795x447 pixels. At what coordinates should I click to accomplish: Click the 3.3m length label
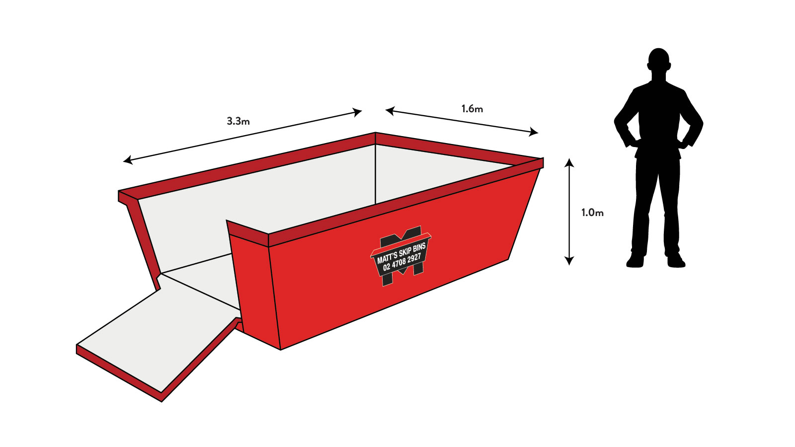pos(238,121)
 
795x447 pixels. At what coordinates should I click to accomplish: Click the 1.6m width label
pos(472,109)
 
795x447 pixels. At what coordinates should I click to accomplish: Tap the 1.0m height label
pos(592,213)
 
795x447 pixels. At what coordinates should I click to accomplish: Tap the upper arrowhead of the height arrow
pos(569,162)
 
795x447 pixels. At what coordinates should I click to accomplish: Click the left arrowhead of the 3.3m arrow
pos(127,160)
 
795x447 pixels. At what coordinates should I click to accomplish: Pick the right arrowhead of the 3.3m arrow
pos(358,112)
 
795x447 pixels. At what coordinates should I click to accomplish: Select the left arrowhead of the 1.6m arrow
pos(390,111)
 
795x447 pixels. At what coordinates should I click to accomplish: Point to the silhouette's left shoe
pos(635,261)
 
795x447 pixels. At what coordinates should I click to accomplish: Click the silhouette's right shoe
pos(676,261)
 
